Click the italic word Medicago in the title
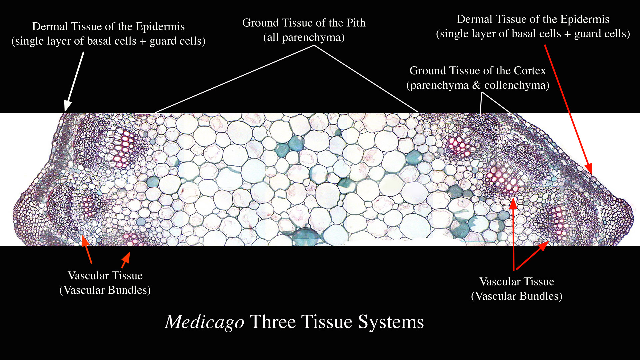(x=205, y=322)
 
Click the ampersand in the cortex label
(x=476, y=85)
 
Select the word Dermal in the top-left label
(x=50, y=27)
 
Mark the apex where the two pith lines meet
(x=314, y=46)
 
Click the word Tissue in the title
(x=327, y=322)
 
